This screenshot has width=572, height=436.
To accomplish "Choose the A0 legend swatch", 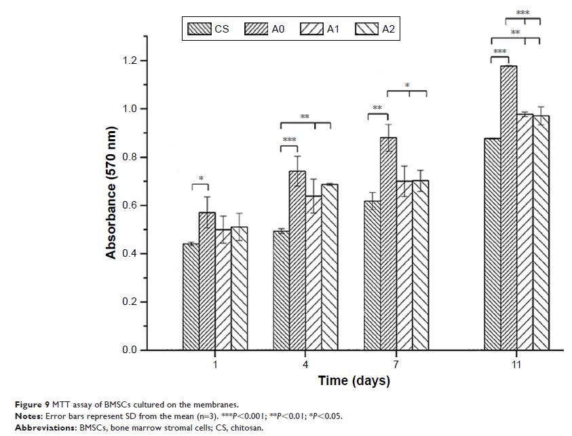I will point(257,29).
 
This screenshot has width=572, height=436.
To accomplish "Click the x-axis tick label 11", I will point(516,365).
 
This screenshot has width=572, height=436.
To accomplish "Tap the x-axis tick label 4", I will point(305,365).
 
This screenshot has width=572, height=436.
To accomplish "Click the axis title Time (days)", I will point(354,381).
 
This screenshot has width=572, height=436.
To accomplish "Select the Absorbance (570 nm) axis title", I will point(111,192).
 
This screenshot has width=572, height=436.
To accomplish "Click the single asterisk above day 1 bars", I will point(201,179).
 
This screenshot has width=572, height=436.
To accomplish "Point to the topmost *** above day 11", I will point(522,12).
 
